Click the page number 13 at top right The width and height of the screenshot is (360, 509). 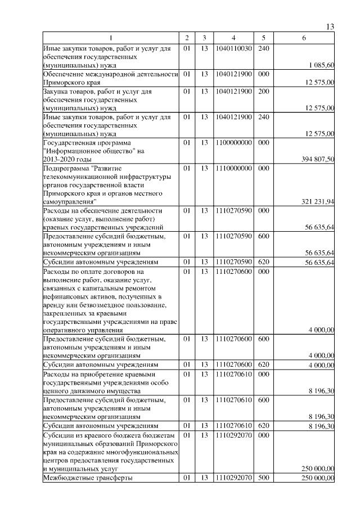[x=330, y=28]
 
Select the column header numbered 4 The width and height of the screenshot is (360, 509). [x=233, y=38]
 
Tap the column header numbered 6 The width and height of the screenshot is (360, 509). [x=304, y=38]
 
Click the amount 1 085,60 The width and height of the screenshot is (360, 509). [x=321, y=65]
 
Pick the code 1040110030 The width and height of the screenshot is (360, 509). [x=233, y=49]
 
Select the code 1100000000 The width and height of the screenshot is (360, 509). [x=233, y=143]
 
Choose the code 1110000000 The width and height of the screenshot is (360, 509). [x=233, y=168]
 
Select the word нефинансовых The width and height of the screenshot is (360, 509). [x=64, y=296]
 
